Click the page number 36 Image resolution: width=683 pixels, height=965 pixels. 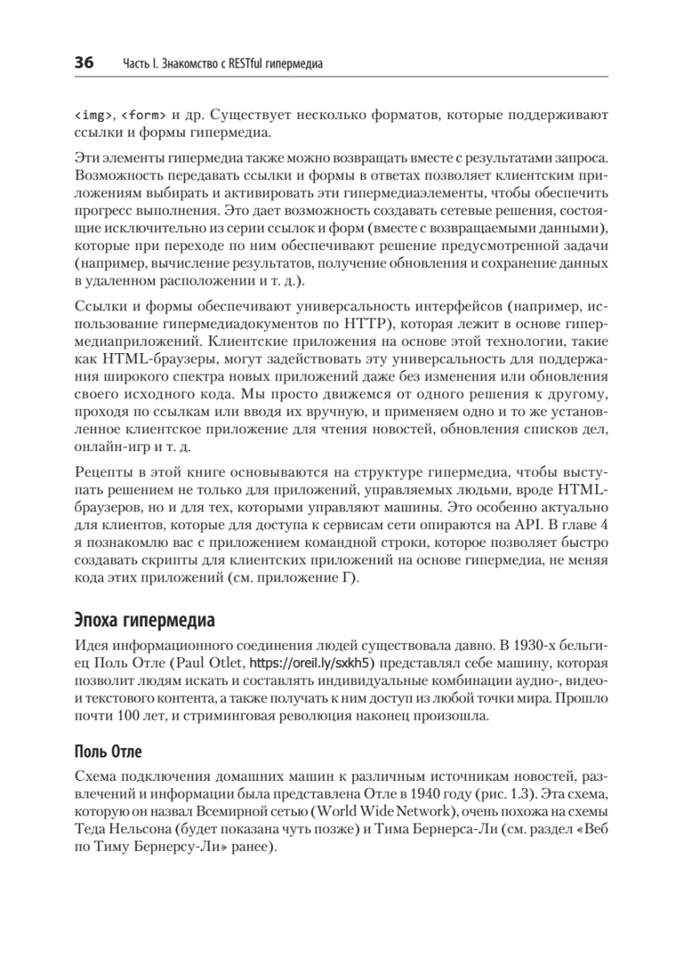coord(84,62)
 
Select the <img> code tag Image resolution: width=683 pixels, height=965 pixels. coord(93,114)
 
